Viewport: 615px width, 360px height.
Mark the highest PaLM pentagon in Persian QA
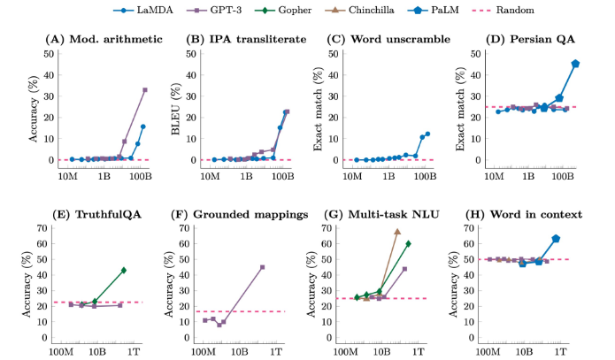pyautogui.click(x=575, y=64)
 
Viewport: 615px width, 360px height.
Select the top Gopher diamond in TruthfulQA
pyautogui.click(x=124, y=270)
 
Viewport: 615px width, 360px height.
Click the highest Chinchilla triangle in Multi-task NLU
pyautogui.click(x=396, y=232)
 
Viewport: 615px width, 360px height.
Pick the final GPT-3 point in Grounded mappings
pyautogui.click(x=262, y=267)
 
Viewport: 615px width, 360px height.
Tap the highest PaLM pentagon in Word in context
pyautogui.click(x=556, y=239)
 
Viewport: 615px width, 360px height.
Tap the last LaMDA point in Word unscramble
pyautogui.click(x=428, y=134)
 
